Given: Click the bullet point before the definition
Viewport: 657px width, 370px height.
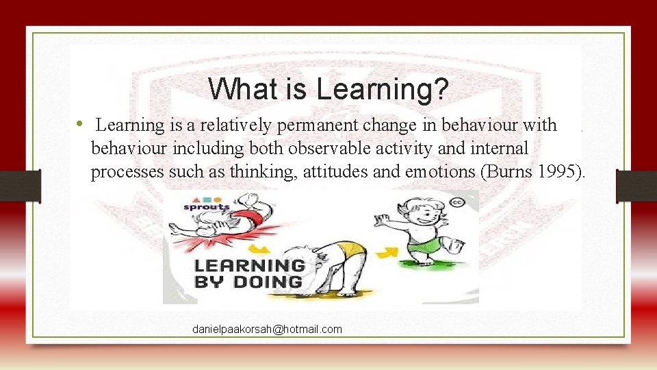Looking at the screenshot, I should [80, 124].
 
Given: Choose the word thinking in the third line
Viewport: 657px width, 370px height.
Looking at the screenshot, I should [255, 171].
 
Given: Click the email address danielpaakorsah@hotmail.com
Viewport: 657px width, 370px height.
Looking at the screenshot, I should [267, 330].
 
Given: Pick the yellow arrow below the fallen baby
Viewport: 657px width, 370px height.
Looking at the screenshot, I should [258, 248].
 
